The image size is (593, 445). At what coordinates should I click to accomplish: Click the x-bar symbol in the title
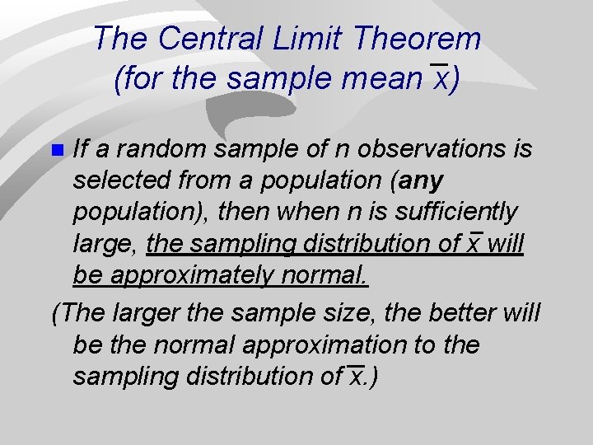439,78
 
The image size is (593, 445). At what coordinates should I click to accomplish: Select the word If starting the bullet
81,149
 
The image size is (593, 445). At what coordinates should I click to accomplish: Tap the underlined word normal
327,274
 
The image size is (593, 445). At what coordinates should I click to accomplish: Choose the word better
479,313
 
